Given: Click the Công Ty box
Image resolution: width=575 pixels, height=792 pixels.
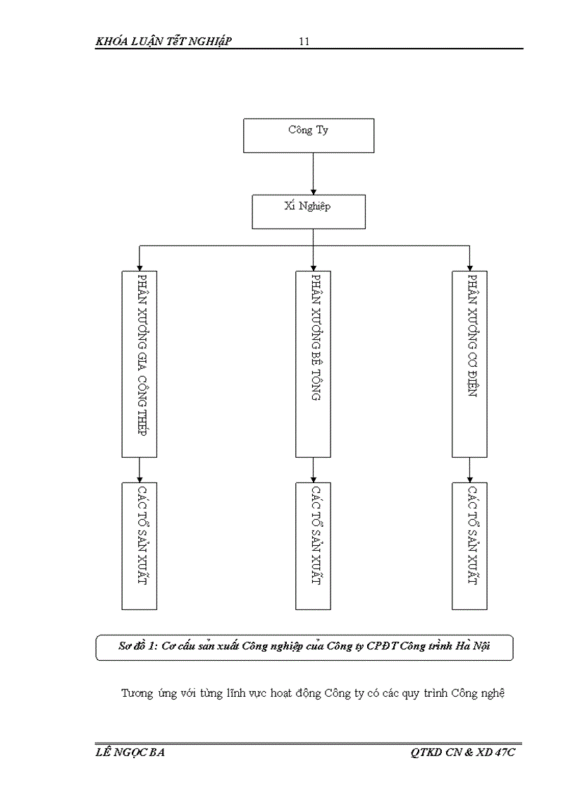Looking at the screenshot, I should pos(309,135).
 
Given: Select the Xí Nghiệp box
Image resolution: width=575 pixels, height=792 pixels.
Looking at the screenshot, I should pos(309,212).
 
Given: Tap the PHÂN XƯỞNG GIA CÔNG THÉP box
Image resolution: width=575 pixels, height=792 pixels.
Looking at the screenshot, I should pos(140,363).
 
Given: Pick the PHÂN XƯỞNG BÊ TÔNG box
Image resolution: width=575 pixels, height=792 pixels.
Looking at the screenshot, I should pos(313,363).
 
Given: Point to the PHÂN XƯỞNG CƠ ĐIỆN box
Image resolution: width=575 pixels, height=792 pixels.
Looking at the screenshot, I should pos(470,363).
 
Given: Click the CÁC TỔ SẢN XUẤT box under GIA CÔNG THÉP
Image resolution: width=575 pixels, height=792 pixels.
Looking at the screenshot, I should pos(140,545).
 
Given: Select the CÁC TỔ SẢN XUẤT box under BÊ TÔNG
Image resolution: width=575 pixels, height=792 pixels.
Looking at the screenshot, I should pos(313,545).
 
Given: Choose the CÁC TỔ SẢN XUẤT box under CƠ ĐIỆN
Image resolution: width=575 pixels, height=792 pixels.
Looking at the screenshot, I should pos(470,545).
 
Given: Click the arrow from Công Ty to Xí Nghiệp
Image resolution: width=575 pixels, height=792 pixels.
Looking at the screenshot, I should pos(313,173).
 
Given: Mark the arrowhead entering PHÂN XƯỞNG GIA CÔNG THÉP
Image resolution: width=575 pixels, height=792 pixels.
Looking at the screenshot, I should pos(140,267).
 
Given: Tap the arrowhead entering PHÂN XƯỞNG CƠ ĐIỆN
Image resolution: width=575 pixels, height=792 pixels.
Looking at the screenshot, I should pos(470,267).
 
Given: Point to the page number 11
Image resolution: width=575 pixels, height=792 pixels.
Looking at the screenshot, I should pos(304,42).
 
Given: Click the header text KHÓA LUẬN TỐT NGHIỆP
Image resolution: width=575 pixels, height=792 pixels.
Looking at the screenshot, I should pos(163,42).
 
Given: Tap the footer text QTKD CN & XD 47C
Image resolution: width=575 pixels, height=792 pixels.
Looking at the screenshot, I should pos(463,753).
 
